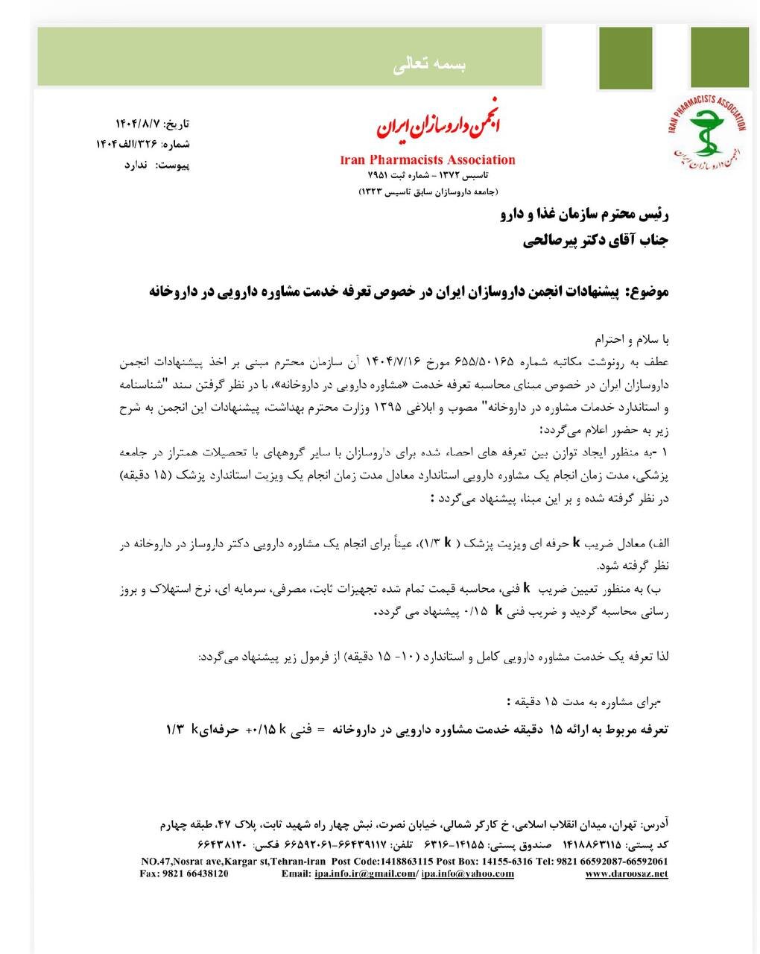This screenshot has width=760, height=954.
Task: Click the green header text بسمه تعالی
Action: [x=429, y=66]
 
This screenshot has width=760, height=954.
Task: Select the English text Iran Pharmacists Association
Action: [x=428, y=159]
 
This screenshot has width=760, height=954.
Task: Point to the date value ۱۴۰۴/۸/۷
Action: [x=137, y=123]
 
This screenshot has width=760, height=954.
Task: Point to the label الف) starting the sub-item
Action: [x=657, y=543]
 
